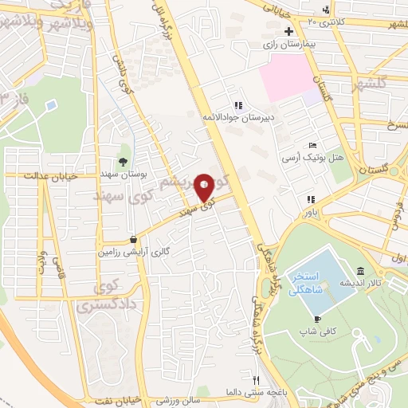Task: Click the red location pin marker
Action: pos(204,187)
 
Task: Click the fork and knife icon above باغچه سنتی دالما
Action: pos(257,380)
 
